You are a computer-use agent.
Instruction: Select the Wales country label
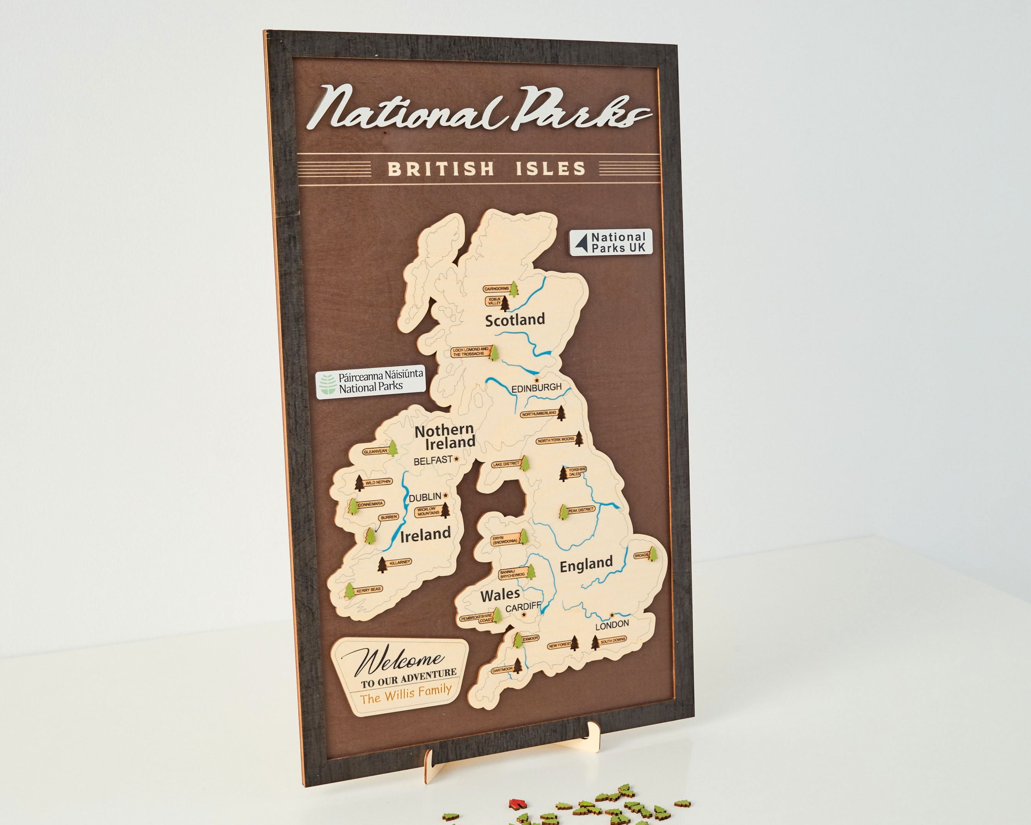500,595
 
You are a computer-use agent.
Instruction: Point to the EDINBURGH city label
536,387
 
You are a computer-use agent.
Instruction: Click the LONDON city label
612,625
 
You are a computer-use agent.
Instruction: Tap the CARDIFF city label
523,607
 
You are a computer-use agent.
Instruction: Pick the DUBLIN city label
425,498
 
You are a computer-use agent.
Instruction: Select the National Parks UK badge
611,242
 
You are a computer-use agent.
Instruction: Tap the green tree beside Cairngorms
514,289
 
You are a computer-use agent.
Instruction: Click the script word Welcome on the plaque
401,661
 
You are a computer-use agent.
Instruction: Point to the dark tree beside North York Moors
579,438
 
